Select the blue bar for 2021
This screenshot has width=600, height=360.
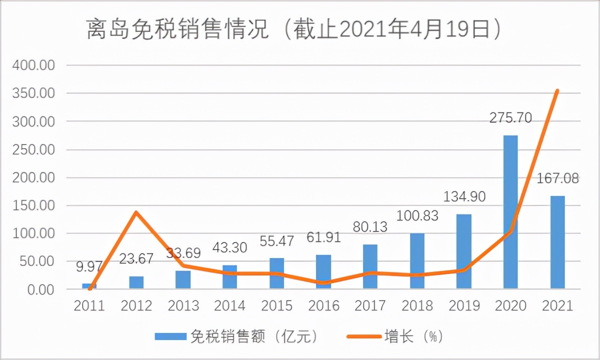(x=557, y=242)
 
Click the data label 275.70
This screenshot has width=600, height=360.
(x=510, y=118)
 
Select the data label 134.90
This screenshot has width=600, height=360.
(x=464, y=197)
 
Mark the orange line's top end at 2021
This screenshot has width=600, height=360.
(x=557, y=91)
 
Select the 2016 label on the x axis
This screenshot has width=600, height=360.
(x=323, y=305)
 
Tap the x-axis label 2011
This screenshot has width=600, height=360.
(x=89, y=305)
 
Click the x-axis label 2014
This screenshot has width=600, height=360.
(x=230, y=305)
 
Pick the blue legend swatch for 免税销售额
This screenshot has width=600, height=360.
(x=169, y=336)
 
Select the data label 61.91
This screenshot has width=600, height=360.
(x=323, y=236)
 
